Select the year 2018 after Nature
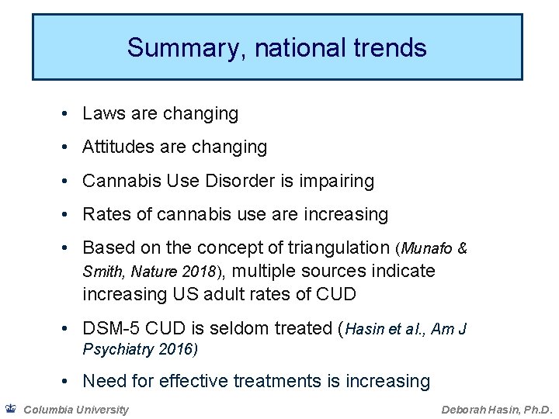coord(203,272)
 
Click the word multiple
coord(262,272)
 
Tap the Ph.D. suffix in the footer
coord(534,410)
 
